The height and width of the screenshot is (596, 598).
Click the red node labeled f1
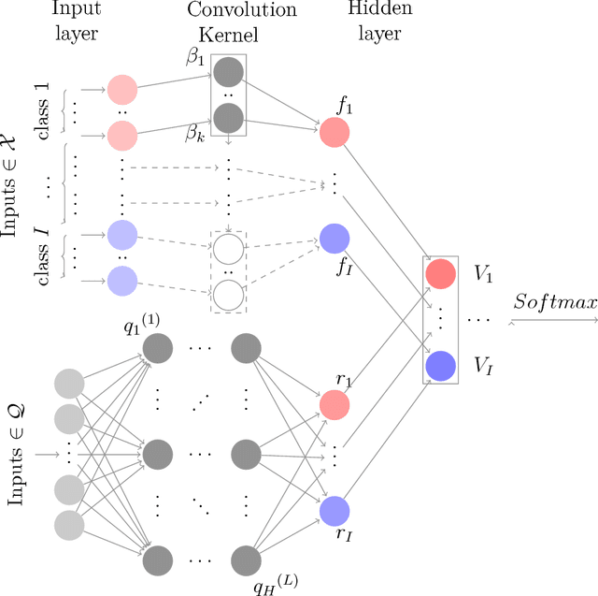[x=335, y=133]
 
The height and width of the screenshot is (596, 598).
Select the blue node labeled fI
[x=335, y=239]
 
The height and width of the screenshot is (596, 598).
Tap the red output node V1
[x=440, y=274]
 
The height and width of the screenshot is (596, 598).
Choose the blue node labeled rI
[x=335, y=511]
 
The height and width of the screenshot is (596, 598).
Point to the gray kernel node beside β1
[x=228, y=71]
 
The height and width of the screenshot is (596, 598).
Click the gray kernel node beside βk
[x=228, y=119]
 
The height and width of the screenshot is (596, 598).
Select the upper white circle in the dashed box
[x=228, y=249]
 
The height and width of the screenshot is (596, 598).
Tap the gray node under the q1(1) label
[x=158, y=349]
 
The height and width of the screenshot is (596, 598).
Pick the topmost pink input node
[x=122, y=90]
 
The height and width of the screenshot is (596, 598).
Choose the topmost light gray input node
[x=69, y=384]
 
